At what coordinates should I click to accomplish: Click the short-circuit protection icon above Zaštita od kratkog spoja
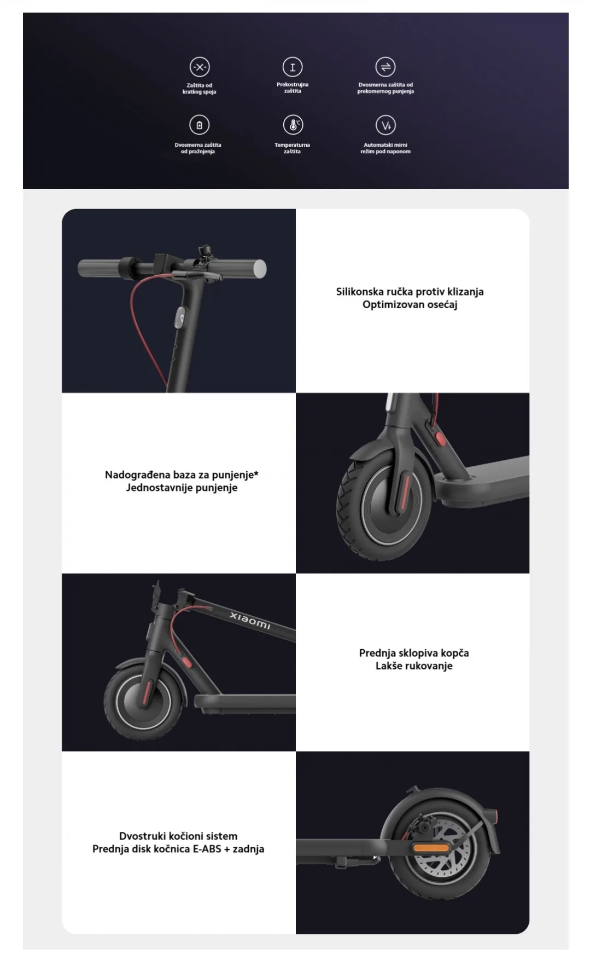pos(200,67)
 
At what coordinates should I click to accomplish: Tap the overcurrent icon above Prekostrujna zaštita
pos(293,67)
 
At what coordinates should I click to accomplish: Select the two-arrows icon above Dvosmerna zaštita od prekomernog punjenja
pos(385,67)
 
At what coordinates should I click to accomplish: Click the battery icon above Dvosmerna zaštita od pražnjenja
pos(199,125)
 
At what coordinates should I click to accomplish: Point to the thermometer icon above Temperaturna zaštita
pos(293,125)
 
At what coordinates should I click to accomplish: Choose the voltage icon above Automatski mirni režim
pos(385,125)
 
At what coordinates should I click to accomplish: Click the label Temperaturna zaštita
pos(292,148)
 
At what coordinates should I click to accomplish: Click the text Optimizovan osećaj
pos(410,305)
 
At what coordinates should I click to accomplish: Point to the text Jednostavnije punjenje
pos(182,488)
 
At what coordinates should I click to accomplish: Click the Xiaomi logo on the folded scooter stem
pos(250,621)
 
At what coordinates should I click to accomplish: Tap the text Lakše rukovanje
pos(414,666)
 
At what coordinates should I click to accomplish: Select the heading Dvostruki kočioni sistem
pos(178,836)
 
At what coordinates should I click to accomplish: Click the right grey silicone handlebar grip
pos(244,269)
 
